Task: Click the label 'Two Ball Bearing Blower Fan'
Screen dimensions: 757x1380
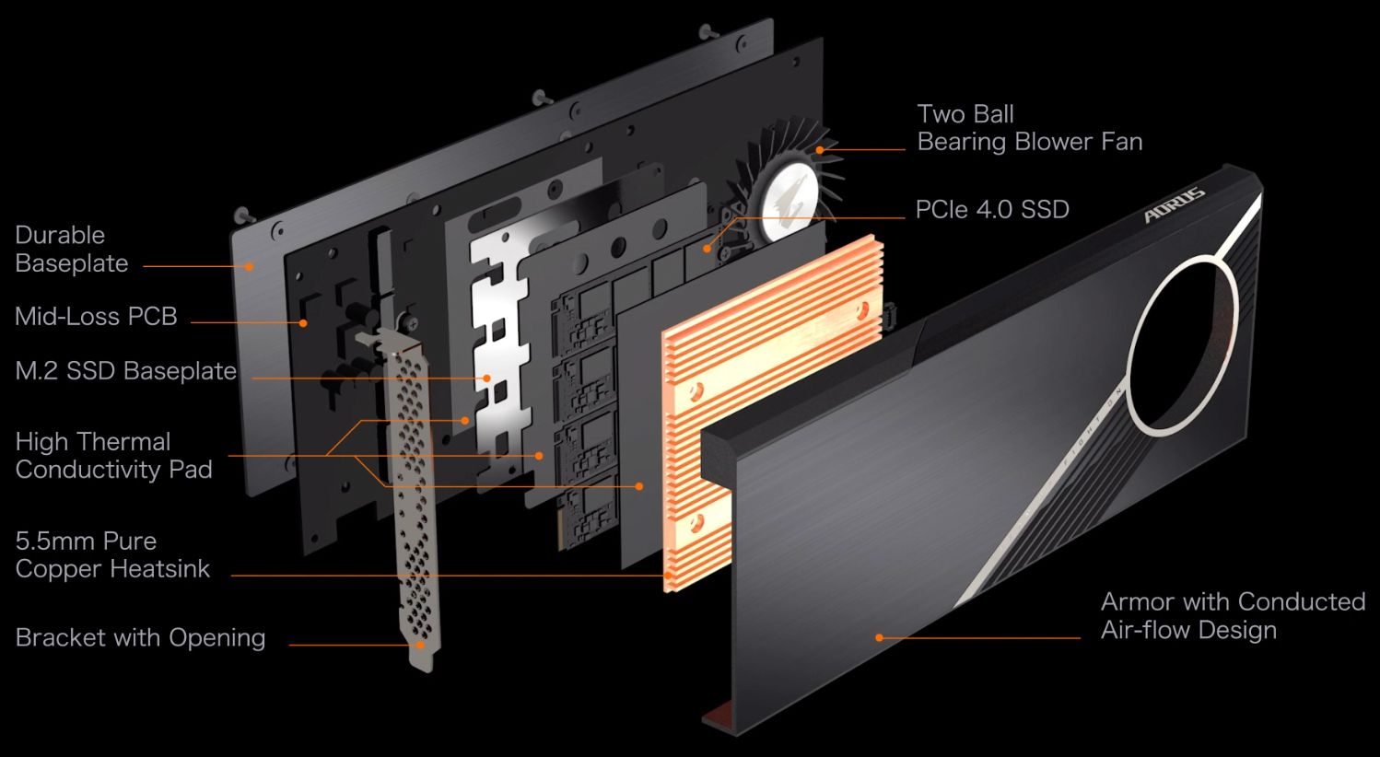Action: (x=1029, y=128)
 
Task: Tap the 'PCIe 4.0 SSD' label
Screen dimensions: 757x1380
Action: (x=991, y=210)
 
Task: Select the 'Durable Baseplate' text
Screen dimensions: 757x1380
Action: (x=72, y=249)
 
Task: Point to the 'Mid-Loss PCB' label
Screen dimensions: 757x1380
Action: (x=96, y=317)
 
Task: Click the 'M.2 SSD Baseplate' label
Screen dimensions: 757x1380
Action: (x=126, y=371)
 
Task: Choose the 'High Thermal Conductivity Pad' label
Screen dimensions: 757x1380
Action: (x=113, y=455)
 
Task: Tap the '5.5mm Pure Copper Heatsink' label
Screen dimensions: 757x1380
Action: (x=112, y=554)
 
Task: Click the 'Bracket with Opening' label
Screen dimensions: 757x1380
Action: (x=140, y=637)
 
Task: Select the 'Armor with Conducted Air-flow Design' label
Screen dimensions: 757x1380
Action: (x=1232, y=615)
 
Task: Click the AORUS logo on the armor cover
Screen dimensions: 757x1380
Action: (x=1175, y=205)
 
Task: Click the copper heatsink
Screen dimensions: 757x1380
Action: (x=774, y=405)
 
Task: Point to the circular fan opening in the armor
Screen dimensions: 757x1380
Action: (x=1182, y=345)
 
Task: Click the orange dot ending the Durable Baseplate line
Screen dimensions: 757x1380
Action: (x=250, y=266)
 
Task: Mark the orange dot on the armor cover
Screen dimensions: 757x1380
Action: (x=879, y=637)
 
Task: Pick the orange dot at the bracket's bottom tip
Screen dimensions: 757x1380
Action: (x=421, y=645)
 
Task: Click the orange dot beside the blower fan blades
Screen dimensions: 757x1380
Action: (x=819, y=149)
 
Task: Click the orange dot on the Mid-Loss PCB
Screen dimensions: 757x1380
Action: (x=302, y=322)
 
